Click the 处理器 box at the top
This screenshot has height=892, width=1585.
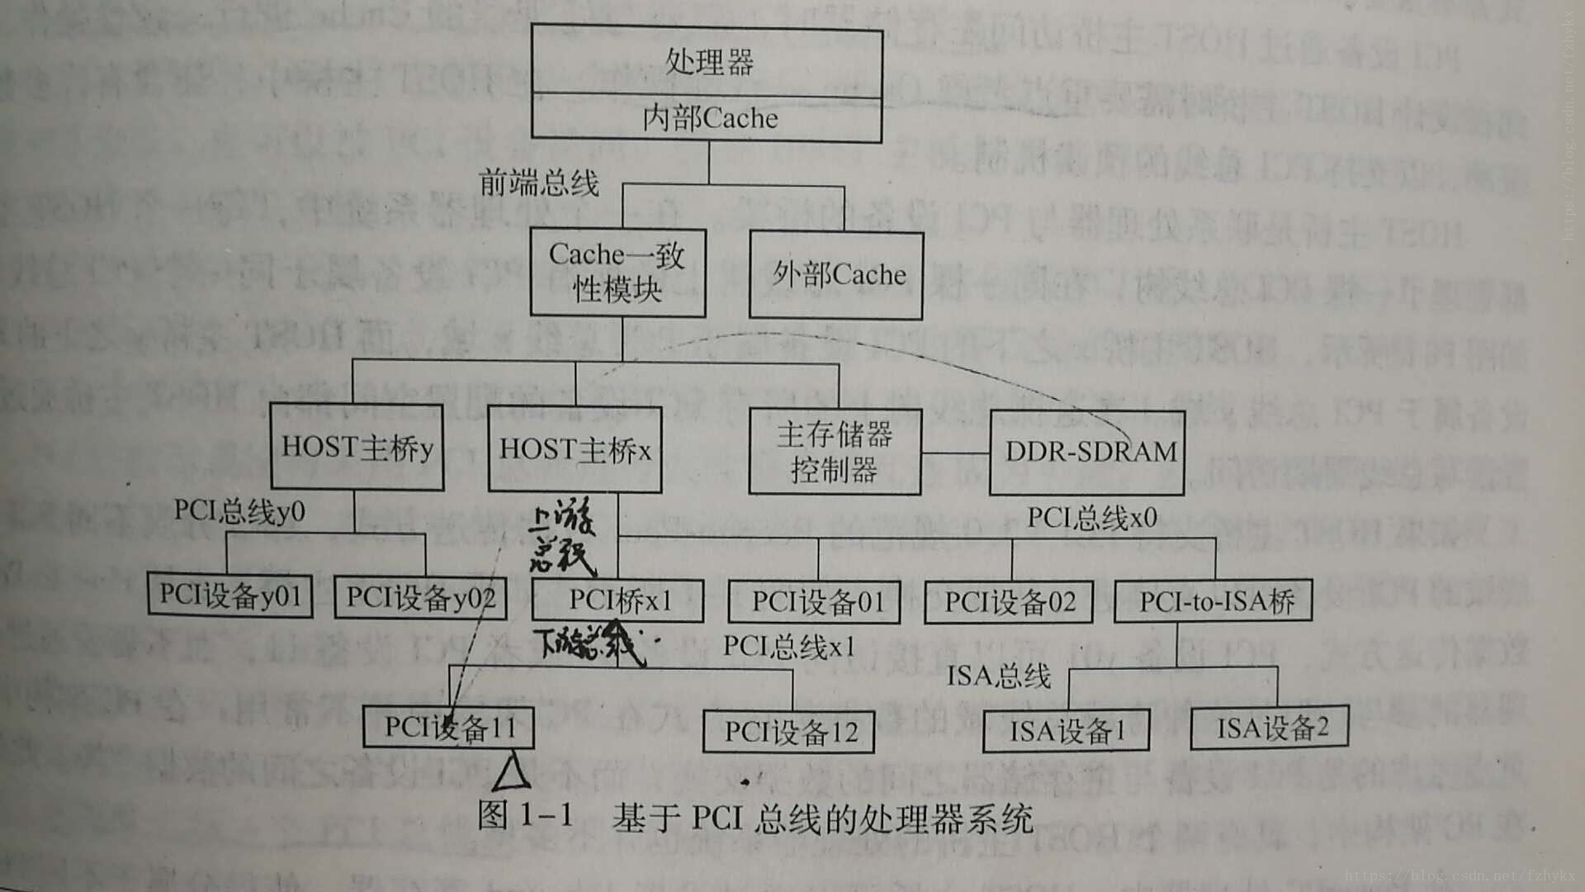click(x=707, y=62)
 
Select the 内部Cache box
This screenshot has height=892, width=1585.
click(x=707, y=119)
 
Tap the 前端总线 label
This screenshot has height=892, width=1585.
click(x=539, y=183)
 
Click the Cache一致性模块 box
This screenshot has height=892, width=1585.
click(x=617, y=273)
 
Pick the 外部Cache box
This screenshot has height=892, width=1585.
click(x=836, y=275)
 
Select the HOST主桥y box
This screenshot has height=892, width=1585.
click(x=357, y=447)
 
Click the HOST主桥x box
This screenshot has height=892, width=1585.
click(x=575, y=450)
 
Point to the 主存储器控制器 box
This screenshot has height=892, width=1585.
click(x=835, y=452)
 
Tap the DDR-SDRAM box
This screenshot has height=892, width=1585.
click(x=1089, y=452)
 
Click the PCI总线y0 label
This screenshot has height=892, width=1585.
click(x=239, y=511)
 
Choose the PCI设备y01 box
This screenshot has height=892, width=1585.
click(x=230, y=595)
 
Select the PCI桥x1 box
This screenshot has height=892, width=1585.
click(x=618, y=600)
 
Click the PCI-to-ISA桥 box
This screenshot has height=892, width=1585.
click(x=1214, y=601)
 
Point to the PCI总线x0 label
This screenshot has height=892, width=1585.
click(x=1091, y=518)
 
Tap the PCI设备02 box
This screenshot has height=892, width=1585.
click(x=1010, y=602)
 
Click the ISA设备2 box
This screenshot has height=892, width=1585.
click(x=1270, y=728)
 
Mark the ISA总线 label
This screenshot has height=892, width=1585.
click(x=998, y=676)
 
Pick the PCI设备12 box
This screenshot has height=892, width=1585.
click(x=789, y=732)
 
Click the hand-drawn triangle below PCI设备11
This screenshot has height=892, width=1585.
click(x=511, y=772)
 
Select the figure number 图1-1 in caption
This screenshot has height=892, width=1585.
click(x=525, y=816)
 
